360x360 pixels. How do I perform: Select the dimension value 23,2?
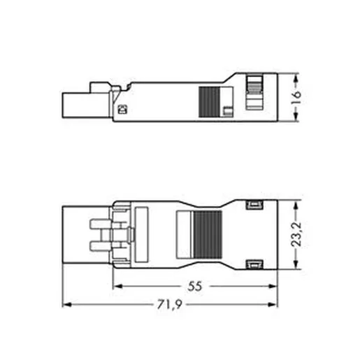point(296,234)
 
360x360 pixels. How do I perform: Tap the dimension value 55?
point(194,286)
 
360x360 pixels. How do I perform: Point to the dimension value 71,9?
point(169,305)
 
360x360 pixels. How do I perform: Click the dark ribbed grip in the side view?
point(210,102)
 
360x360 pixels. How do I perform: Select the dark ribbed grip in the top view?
point(208,235)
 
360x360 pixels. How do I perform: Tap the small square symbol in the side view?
point(122,110)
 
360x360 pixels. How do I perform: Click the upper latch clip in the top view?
point(254,205)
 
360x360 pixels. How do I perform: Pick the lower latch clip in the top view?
point(254,264)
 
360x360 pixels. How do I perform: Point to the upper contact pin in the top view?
point(100,224)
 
